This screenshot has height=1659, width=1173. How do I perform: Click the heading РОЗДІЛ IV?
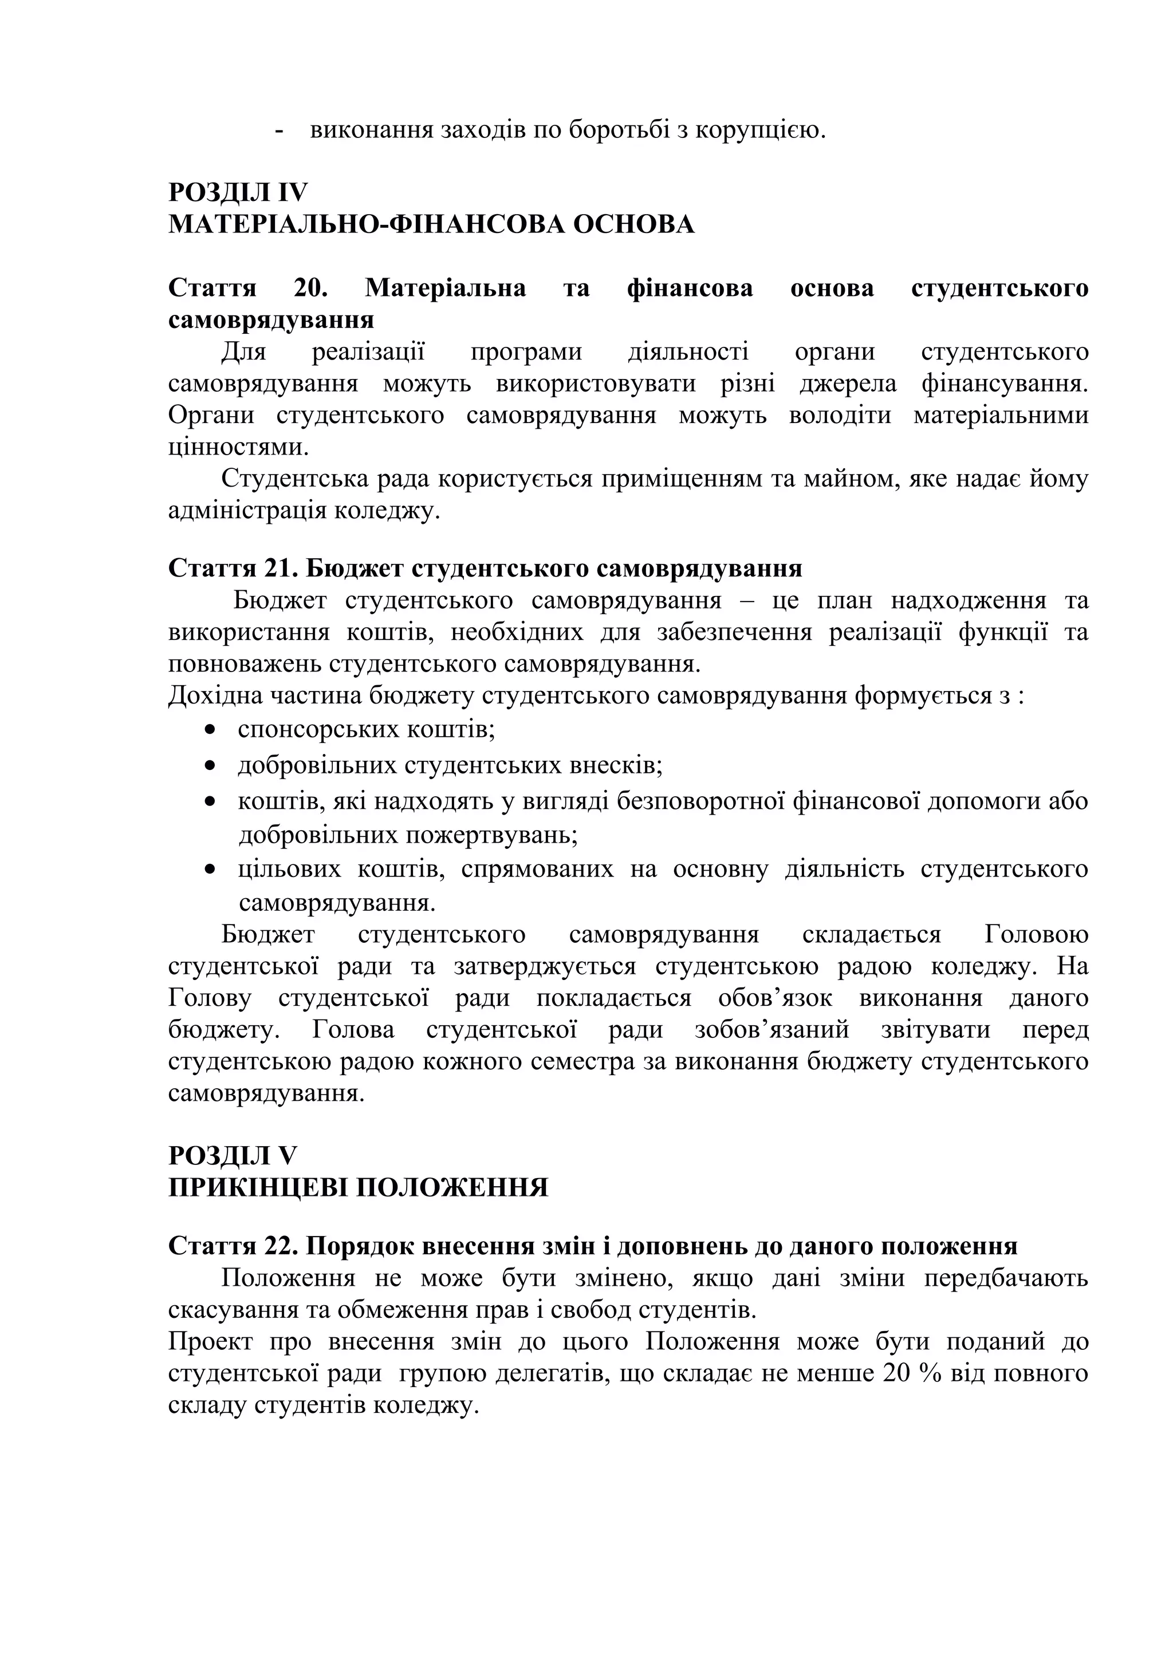(x=238, y=193)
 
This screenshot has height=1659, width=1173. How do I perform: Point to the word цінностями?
(x=238, y=447)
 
